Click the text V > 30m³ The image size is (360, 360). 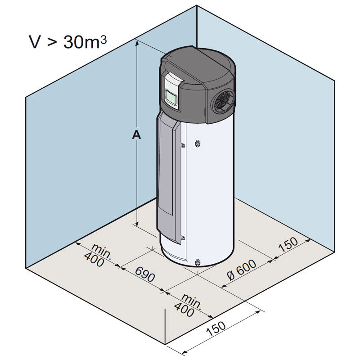click(67, 43)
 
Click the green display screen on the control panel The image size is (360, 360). click(171, 96)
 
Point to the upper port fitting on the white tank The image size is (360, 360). click(198, 143)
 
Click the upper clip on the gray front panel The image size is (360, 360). click(183, 145)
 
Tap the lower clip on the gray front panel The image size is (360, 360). click(183, 238)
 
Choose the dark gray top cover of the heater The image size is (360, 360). click(198, 67)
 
